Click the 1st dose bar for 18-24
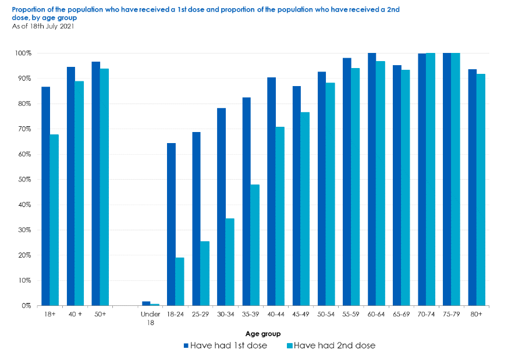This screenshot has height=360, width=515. [171, 224]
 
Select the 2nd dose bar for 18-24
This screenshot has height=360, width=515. [180, 281]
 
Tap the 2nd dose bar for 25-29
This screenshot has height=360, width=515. [205, 274]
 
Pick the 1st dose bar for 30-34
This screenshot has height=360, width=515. [221, 206]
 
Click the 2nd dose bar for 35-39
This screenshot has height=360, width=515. [255, 245]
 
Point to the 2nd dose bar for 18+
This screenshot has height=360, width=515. [54, 220]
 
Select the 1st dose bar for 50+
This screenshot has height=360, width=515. [96, 184]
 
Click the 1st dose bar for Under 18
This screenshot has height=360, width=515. [146, 304]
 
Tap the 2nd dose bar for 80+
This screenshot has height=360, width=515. [481, 190]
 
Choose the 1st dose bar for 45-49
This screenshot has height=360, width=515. [297, 196]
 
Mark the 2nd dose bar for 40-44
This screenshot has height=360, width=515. [280, 216]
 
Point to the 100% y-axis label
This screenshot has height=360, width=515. [23, 53]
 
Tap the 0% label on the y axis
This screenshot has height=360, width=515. [26, 306]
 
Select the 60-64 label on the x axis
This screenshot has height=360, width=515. [376, 315]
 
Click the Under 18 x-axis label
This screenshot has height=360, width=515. [151, 318]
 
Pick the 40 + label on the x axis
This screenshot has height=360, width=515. [75, 315]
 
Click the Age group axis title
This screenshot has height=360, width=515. [263, 334]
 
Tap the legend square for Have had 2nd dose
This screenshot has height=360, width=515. [290, 345]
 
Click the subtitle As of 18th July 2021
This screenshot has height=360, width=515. [43, 26]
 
